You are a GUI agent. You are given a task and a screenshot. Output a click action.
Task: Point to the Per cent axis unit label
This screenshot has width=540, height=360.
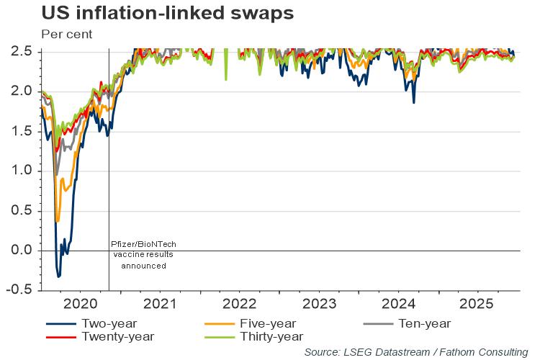(67, 34)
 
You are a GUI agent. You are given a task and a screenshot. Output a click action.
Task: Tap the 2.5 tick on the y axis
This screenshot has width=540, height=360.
(22, 52)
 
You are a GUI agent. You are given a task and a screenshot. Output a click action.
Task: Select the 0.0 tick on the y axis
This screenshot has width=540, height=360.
(22, 251)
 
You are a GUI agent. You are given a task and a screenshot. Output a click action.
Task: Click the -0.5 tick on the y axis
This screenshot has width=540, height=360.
(20, 290)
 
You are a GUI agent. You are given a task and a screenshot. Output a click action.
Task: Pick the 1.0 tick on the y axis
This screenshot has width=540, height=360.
(22, 171)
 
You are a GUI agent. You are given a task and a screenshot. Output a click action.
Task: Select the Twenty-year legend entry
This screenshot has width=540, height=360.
(117, 336)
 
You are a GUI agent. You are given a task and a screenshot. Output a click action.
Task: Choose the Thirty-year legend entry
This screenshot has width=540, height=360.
(272, 336)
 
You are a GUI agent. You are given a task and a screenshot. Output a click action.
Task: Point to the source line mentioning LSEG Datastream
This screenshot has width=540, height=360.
(415, 352)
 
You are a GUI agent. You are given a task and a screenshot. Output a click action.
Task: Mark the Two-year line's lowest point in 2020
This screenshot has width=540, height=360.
(58, 276)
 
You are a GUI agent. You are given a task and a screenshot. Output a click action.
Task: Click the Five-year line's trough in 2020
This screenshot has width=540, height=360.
(57, 221)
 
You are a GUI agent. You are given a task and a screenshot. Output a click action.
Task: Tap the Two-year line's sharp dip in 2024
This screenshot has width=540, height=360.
(414, 102)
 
